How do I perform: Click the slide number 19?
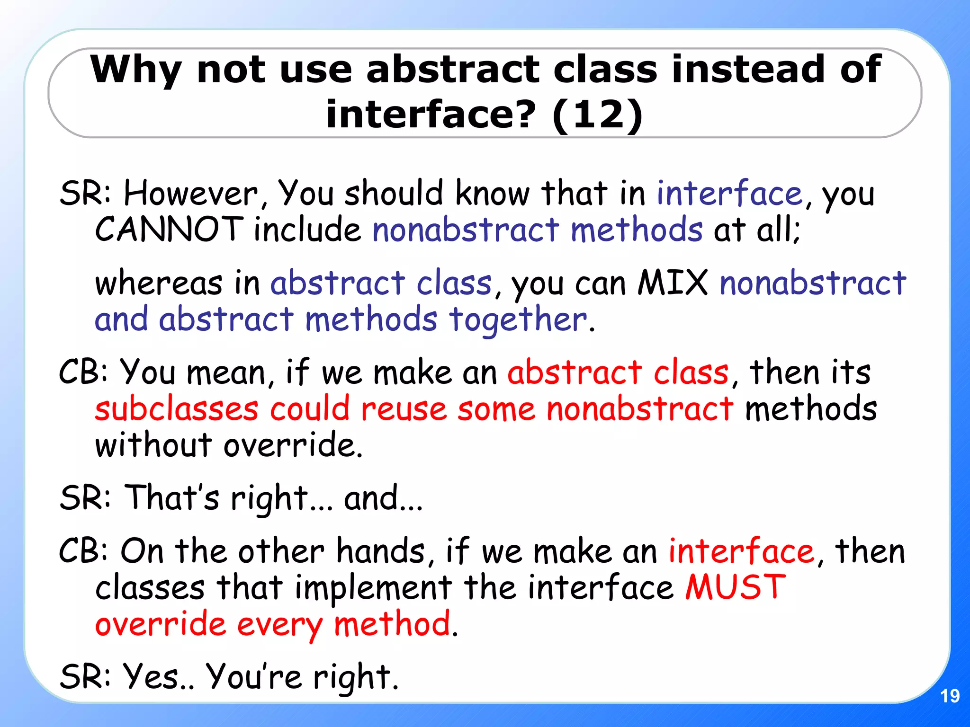coord(950,696)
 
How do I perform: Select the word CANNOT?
coord(169,230)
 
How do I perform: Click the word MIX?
coord(673,283)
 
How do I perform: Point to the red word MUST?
coord(736,587)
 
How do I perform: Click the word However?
coord(190,194)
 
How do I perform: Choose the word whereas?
coord(159,283)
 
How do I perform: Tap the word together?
coord(518,319)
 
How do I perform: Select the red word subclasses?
coord(177,409)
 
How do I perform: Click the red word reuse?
coord(404,409)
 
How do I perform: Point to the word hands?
coord(381,551)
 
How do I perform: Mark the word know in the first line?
coord(492,194)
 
